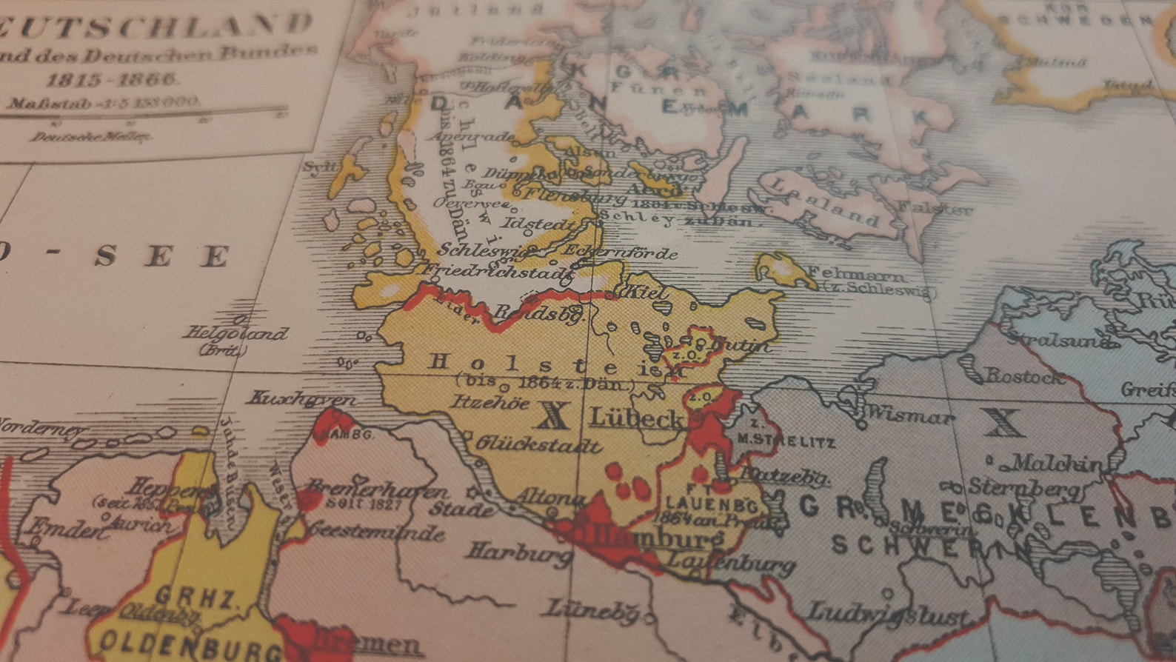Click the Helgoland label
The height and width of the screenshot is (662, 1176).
pos(235,334)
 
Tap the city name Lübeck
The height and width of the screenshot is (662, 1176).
pos(636,419)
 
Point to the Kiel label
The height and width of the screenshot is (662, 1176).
pos(647,291)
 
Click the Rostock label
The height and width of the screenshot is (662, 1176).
pos(1024,376)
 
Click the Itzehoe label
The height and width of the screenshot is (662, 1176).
pos(491,403)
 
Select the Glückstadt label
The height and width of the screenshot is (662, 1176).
pos(538,444)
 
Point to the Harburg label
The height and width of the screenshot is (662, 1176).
pos(518,551)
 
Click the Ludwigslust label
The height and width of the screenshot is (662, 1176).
pos(886,614)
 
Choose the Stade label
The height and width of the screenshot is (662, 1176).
pos(461,509)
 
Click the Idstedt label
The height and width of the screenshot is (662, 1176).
pos(539,224)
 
